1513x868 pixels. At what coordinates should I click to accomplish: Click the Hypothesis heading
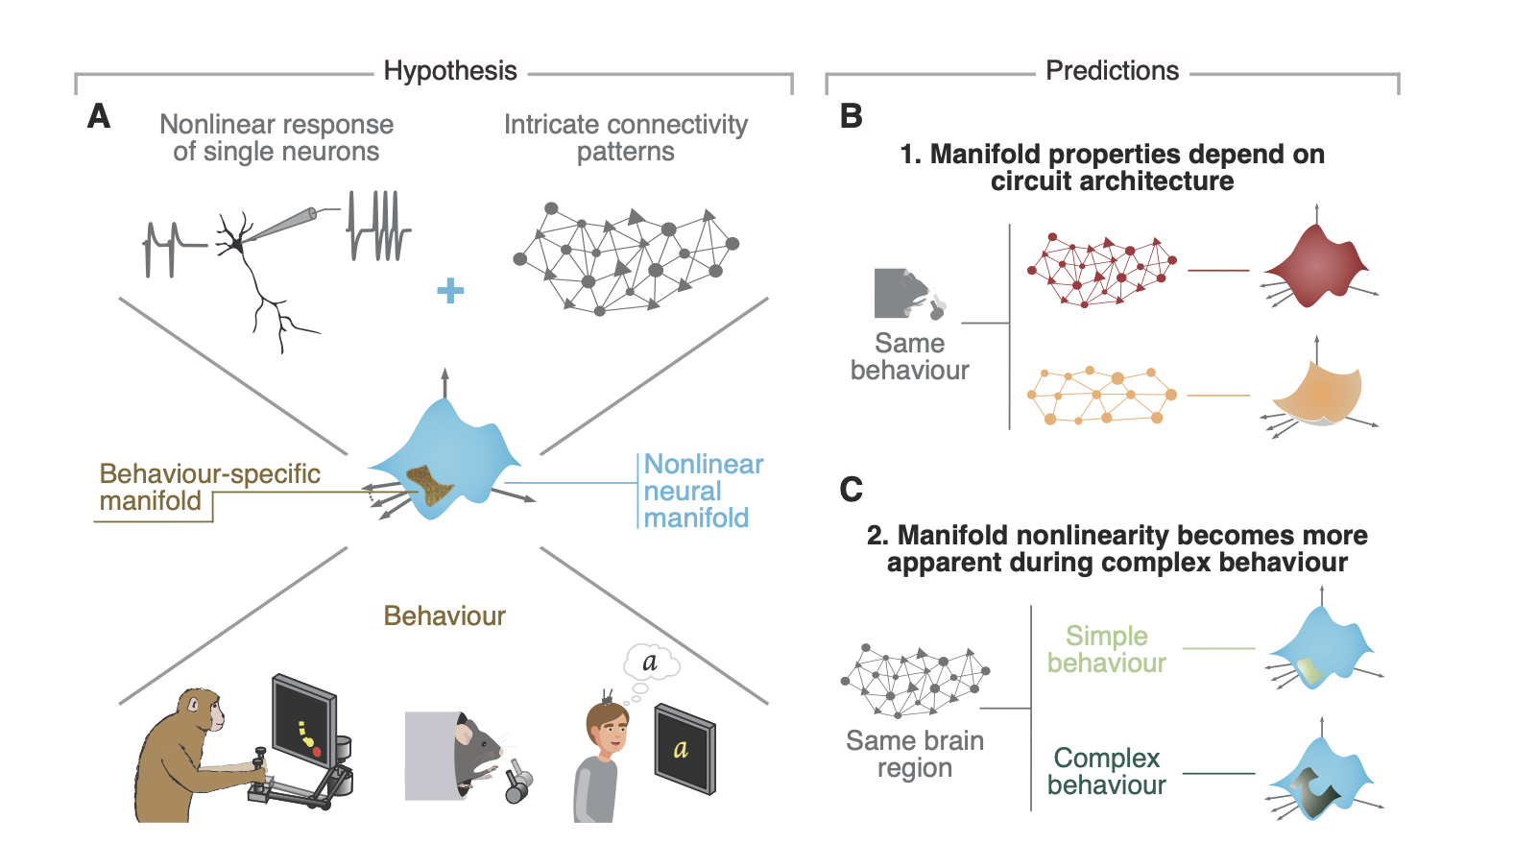pyautogui.click(x=449, y=71)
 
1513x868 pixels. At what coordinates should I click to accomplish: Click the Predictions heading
pyautogui.click(x=1112, y=71)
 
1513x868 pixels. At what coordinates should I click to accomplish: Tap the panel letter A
pyautogui.click(x=99, y=117)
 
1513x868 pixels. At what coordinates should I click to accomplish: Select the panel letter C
pyautogui.click(x=851, y=490)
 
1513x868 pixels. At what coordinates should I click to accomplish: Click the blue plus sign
pyautogui.click(x=450, y=290)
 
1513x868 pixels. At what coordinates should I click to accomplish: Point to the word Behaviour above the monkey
pyautogui.click(x=444, y=615)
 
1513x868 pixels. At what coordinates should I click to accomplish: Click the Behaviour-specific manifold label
pyautogui.click(x=209, y=487)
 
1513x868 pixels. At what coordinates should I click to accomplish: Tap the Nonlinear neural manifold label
pyautogui.click(x=703, y=491)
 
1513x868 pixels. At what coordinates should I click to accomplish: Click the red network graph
pyautogui.click(x=1100, y=269)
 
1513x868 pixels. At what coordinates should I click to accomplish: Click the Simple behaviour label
pyautogui.click(x=1106, y=649)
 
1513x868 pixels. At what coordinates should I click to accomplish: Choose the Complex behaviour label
pyautogui.click(x=1106, y=771)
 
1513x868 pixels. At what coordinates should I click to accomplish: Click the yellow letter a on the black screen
pyautogui.click(x=681, y=749)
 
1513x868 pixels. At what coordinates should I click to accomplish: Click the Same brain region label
pyautogui.click(x=914, y=754)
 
